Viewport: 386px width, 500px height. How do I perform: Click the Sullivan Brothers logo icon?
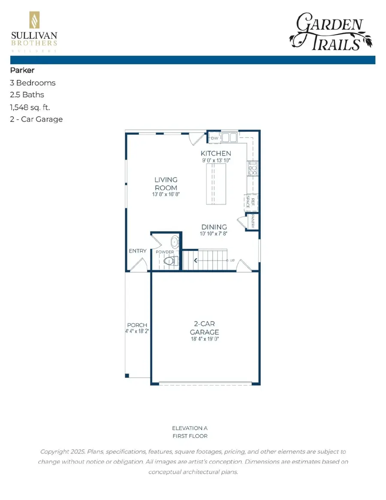tap(33, 21)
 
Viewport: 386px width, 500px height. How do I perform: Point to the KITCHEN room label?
tap(216, 154)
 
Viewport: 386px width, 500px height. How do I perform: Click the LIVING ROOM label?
tap(166, 184)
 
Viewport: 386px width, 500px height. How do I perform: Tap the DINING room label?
tap(214, 227)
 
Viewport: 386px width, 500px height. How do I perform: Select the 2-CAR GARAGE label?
tap(205, 328)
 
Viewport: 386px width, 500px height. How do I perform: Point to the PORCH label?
tap(137, 325)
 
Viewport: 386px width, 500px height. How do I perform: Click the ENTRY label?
tap(137, 251)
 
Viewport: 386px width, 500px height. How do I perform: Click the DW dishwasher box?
tap(214, 138)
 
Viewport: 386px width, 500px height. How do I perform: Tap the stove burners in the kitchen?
tap(252, 168)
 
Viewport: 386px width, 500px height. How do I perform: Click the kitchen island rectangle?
tap(216, 185)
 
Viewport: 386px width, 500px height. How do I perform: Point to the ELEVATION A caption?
tap(190, 428)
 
